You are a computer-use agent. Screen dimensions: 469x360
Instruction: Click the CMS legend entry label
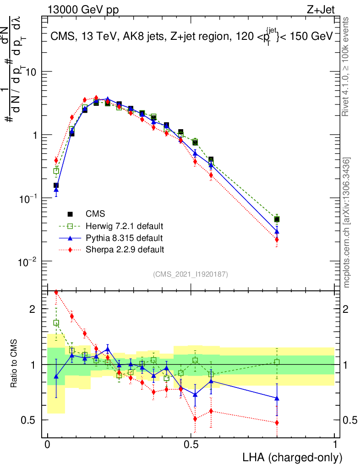[x=95, y=214]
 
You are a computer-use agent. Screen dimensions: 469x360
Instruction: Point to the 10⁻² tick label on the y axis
[x=27, y=261]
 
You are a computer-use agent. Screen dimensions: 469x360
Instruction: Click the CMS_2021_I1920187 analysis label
[x=191, y=274]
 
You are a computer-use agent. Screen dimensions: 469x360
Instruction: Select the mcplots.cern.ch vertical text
[x=347, y=223]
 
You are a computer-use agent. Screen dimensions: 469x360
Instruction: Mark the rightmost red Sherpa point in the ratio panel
[x=277, y=422]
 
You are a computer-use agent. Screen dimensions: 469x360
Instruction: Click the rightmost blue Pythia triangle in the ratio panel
[x=277, y=398]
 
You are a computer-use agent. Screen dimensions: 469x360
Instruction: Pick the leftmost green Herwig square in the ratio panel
[x=56, y=323]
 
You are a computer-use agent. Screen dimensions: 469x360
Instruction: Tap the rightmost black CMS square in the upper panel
[x=277, y=219]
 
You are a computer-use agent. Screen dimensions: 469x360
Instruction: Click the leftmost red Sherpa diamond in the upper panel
[x=56, y=160]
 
